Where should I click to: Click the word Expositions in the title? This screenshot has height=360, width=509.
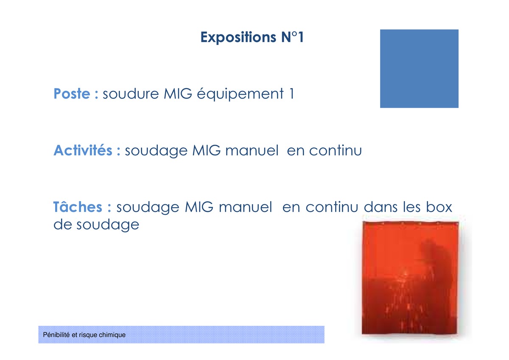point(238,37)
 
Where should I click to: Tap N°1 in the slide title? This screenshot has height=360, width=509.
point(292,37)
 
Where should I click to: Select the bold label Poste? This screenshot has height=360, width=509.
point(72,93)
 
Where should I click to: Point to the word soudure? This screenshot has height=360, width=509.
point(131,93)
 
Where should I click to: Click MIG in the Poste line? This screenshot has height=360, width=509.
point(178,93)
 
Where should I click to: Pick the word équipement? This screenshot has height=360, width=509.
point(240,94)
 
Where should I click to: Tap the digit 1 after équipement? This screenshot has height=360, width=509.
point(292,93)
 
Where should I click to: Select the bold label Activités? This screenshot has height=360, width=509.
point(83,150)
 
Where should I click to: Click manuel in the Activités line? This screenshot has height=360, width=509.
point(252,150)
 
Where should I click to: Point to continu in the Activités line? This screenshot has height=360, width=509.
point(336,150)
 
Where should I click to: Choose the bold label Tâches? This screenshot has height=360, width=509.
point(78,206)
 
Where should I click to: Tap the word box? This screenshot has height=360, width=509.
point(439,207)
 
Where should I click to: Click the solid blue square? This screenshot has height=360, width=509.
point(419,68)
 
